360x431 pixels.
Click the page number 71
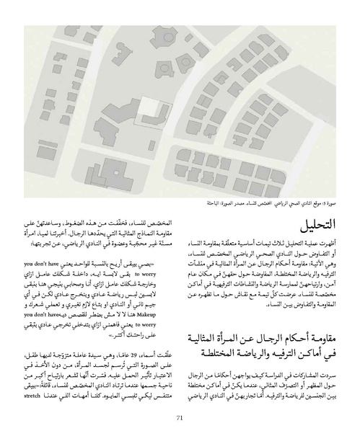[x=180, y=417]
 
